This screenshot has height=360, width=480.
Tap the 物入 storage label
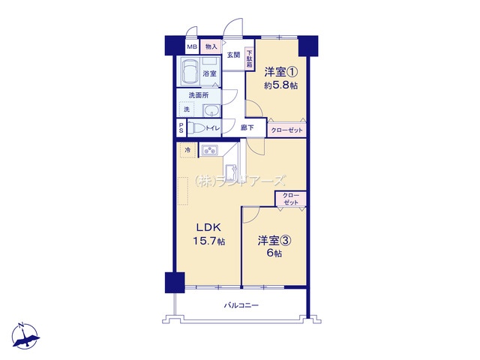coord(211,46)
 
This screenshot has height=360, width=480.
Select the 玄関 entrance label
coord(233,55)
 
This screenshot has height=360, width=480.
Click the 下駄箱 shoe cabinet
coord(249,59)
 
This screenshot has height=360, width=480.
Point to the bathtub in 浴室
coord(188,74)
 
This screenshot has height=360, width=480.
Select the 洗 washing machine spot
coord(187,110)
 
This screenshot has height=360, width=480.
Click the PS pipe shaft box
coord(181,128)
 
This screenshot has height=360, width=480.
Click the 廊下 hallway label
coord(247,127)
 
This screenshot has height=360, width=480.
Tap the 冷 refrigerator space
coord(187,150)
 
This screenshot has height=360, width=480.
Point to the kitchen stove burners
coord(209,151)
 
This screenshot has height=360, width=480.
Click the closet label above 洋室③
coord(291,199)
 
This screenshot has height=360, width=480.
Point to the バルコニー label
coord(241,305)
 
